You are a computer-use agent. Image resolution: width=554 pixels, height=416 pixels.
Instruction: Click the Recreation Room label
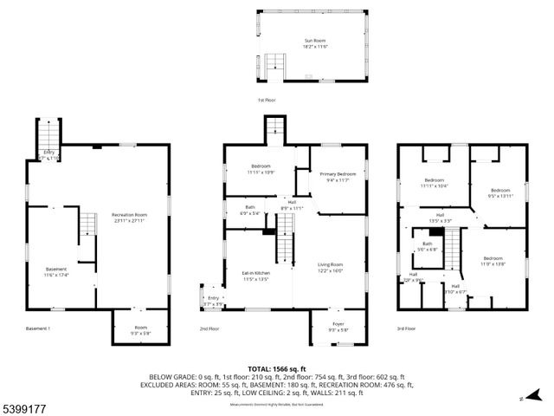tap(129, 218)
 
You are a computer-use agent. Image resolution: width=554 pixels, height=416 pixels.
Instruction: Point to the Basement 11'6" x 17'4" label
tap(56, 272)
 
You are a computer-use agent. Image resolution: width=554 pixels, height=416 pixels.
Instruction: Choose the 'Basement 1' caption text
tap(38, 328)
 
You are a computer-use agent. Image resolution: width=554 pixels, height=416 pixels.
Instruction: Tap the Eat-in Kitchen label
tap(257, 276)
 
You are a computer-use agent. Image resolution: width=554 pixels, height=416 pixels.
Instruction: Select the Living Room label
tap(331, 267)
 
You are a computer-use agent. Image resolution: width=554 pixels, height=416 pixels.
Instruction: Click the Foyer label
tap(338, 326)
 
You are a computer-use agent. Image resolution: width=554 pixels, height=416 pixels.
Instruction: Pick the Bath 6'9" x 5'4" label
tap(249, 210)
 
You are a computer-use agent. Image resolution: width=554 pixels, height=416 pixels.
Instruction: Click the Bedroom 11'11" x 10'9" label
tap(261, 169)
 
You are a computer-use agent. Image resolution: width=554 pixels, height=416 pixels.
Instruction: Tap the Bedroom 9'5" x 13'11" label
tap(500, 193)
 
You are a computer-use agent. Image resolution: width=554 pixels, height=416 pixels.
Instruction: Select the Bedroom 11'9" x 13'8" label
tap(492, 261)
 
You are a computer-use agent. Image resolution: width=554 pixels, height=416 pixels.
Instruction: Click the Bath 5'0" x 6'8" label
tap(427, 246)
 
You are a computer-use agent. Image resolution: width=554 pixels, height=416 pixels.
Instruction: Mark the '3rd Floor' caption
tap(406, 328)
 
